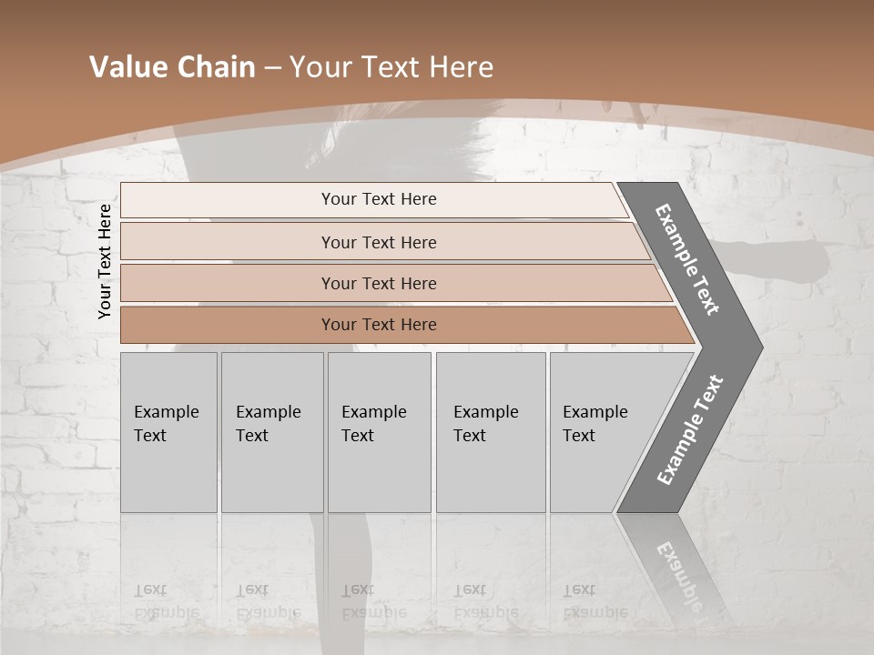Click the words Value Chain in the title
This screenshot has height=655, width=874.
coord(172,66)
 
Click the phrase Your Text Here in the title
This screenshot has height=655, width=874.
coord(391,66)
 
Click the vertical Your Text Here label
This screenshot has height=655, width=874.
coord(105,261)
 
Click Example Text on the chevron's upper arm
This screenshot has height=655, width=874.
coord(687,260)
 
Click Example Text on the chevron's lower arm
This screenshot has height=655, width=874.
coord(689,430)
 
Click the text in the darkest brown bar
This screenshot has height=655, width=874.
coord(379,325)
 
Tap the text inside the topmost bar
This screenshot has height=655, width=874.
coord(379,199)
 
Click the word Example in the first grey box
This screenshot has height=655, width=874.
coord(166,412)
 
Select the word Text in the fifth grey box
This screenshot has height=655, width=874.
coord(579,436)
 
